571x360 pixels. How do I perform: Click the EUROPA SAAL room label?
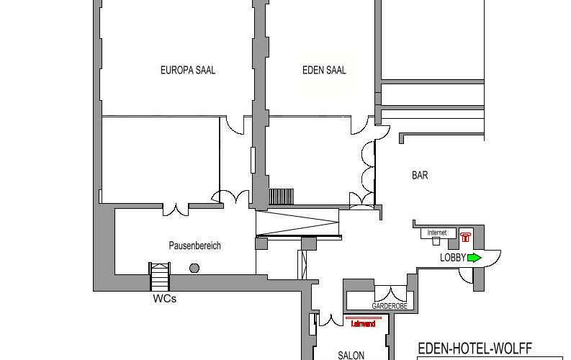pos(187,71)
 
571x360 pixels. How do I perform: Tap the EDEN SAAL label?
pos(324,71)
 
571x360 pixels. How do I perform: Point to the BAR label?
pos(420,175)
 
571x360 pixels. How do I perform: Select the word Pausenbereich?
pos(194,246)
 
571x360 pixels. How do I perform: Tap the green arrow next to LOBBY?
pos(474,257)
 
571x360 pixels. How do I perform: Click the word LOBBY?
pos(452,257)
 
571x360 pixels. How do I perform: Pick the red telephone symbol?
pos(465,235)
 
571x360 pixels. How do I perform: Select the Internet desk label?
pos(437,233)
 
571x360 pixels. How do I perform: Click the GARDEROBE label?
pos(390,306)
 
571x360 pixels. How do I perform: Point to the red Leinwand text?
pos(364,324)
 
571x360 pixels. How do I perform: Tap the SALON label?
pos(352,355)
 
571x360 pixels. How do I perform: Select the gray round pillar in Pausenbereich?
pos(194,268)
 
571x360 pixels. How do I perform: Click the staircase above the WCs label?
pos(160,276)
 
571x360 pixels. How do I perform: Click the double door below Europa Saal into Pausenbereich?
pos(175,209)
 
